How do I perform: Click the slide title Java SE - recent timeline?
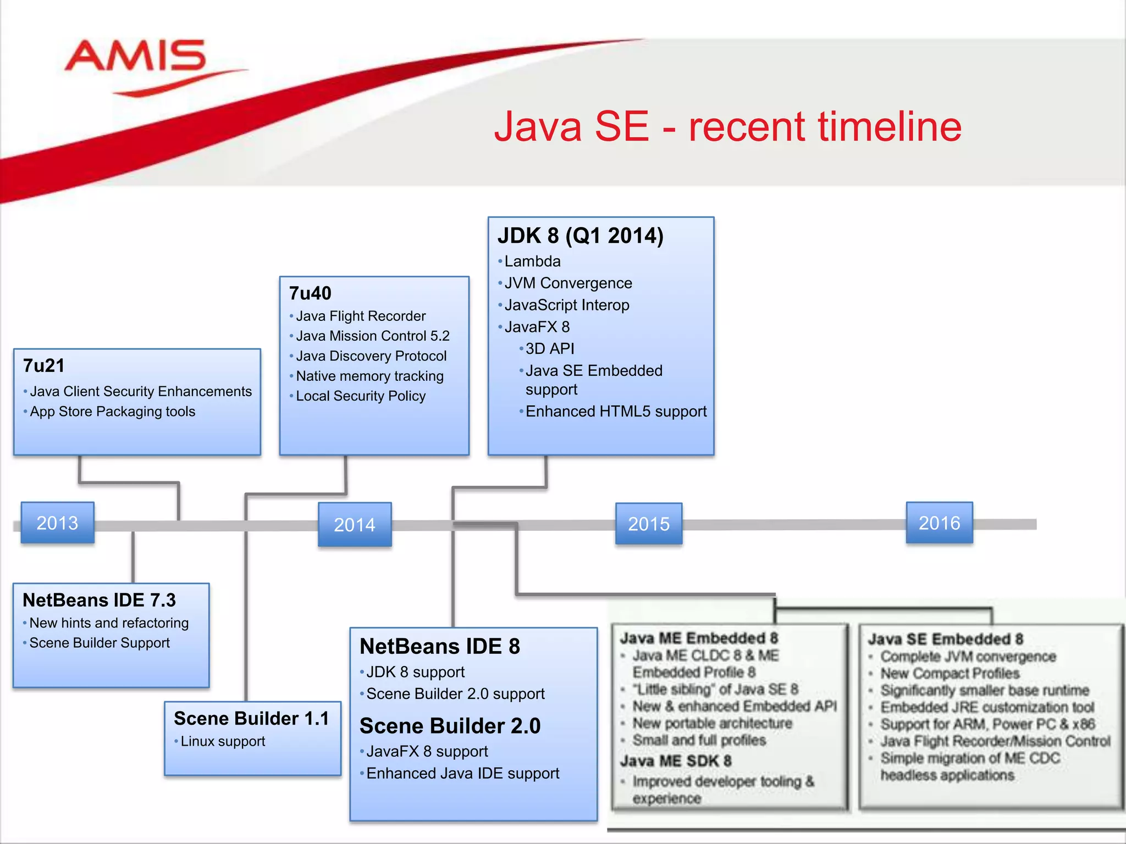727,127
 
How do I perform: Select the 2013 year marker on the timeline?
58,523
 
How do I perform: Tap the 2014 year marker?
355,525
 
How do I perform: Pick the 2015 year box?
649,524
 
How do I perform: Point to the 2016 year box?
939,523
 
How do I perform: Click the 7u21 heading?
44,365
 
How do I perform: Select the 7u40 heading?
310,293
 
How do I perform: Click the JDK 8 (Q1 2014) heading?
581,236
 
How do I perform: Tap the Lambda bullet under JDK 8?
532,261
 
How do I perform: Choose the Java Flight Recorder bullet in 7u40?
361,316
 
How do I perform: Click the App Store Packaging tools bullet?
112,412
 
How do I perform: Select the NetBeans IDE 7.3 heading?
99,600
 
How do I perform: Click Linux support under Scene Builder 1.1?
223,741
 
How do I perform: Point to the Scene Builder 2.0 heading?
450,726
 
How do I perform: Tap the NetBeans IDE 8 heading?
439,646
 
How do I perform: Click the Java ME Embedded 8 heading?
699,638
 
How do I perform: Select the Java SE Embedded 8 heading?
946,639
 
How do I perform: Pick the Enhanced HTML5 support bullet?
616,412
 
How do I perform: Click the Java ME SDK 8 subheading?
676,761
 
